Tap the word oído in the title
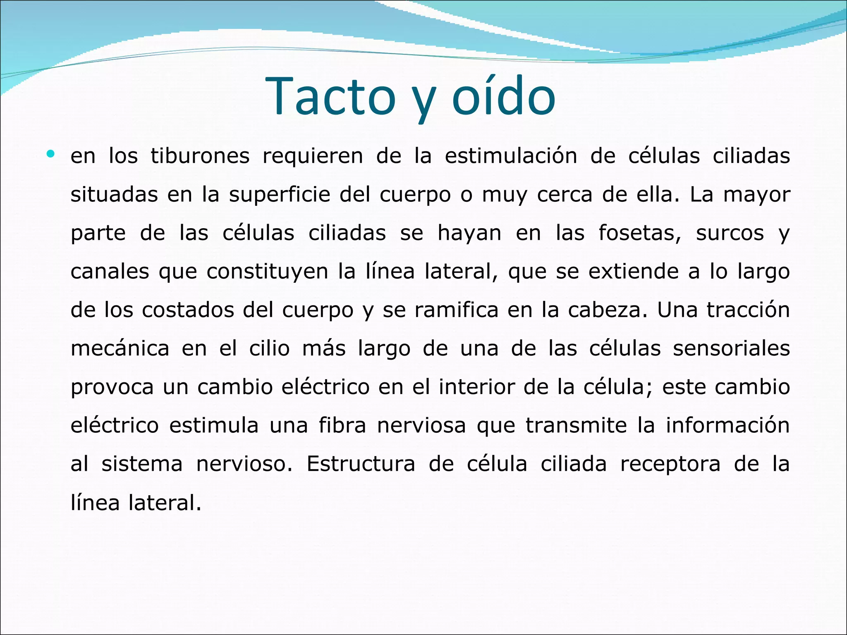tap(503, 96)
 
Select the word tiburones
tap(200, 156)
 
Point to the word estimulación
tap(511, 156)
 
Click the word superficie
tap(280, 195)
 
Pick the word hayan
tap(469, 233)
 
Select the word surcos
tap(730, 233)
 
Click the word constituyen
tap(267, 272)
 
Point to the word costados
tap(188, 310)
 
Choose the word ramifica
tap(457, 310)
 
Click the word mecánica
tap(120, 349)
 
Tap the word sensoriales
tap(731, 349)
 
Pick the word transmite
tap(576, 425)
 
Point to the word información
tap(727, 425)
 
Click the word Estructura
tap(361, 464)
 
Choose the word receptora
tap(670, 464)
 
